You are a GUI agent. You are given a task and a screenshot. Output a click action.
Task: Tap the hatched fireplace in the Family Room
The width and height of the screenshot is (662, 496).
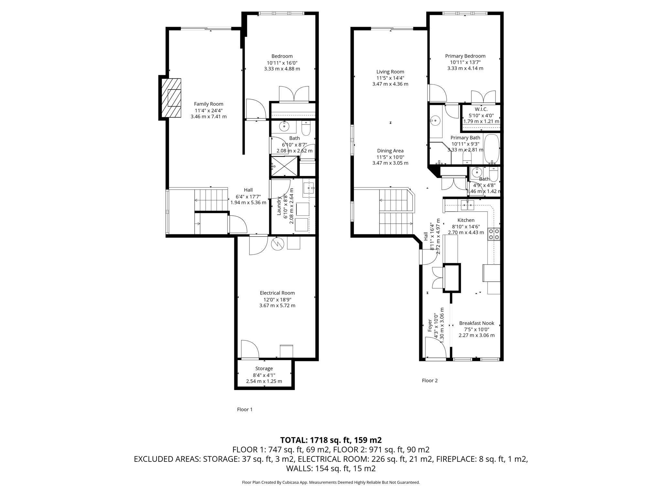click(x=171, y=98)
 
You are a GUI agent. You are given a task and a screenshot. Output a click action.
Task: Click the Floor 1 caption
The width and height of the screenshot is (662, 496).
click(x=245, y=409)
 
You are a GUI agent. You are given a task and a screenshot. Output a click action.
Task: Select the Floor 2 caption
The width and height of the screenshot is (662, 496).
click(x=430, y=381)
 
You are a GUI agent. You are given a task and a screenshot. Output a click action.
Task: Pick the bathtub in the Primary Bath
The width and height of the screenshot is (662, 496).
click(x=492, y=149)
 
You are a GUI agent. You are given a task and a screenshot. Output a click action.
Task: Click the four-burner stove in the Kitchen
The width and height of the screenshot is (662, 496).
click(x=494, y=234)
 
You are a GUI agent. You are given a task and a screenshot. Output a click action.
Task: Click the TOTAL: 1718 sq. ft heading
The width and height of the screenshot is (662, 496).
click(x=331, y=440)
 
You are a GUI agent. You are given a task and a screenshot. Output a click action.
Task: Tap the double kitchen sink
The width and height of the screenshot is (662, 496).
click(x=467, y=205)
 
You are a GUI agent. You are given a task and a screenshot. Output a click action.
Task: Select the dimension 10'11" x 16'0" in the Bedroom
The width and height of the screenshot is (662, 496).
click(x=282, y=63)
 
